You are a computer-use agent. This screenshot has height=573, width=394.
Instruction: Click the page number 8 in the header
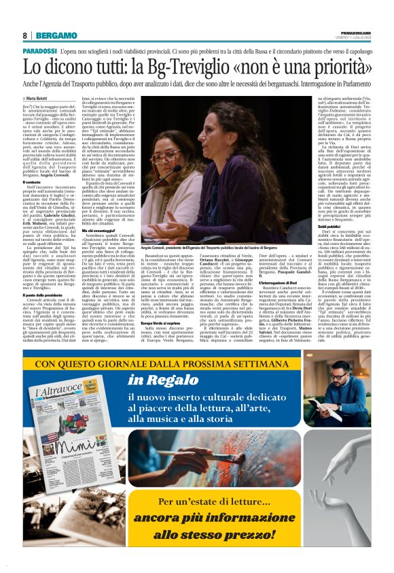24,35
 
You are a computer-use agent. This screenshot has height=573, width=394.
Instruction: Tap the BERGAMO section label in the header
56,35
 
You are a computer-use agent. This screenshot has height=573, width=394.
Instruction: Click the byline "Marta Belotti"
39,98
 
